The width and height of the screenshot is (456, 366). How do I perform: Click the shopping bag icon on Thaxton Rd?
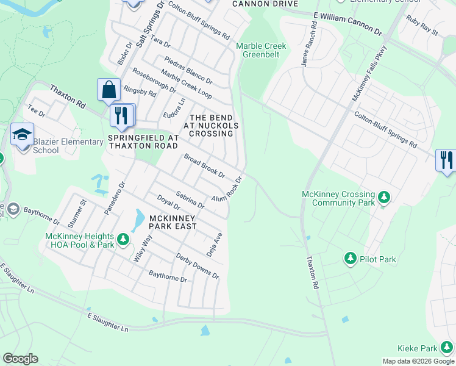click(x=109, y=90)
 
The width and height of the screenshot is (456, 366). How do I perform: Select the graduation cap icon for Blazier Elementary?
click(x=22, y=134)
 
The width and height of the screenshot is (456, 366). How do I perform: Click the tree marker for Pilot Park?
click(x=351, y=259)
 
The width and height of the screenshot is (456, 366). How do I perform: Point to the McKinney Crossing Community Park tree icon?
click(x=383, y=197)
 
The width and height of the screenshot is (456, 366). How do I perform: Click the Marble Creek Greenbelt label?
click(x=260, y=49)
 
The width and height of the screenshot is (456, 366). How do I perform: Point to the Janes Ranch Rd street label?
click(x=308, y=45)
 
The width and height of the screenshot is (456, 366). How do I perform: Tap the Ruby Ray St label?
click(x=422, y=27)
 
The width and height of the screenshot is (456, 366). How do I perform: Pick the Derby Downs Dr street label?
click(x=198, y=265)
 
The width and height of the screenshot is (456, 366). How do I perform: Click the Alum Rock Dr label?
click(x=227, y=190)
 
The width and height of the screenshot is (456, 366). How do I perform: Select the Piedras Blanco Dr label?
click(x=188, y=71)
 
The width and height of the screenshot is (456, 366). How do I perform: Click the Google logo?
click(x=20, y=359)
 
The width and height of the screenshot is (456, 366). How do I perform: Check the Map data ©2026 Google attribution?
click(x=418, y=361)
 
